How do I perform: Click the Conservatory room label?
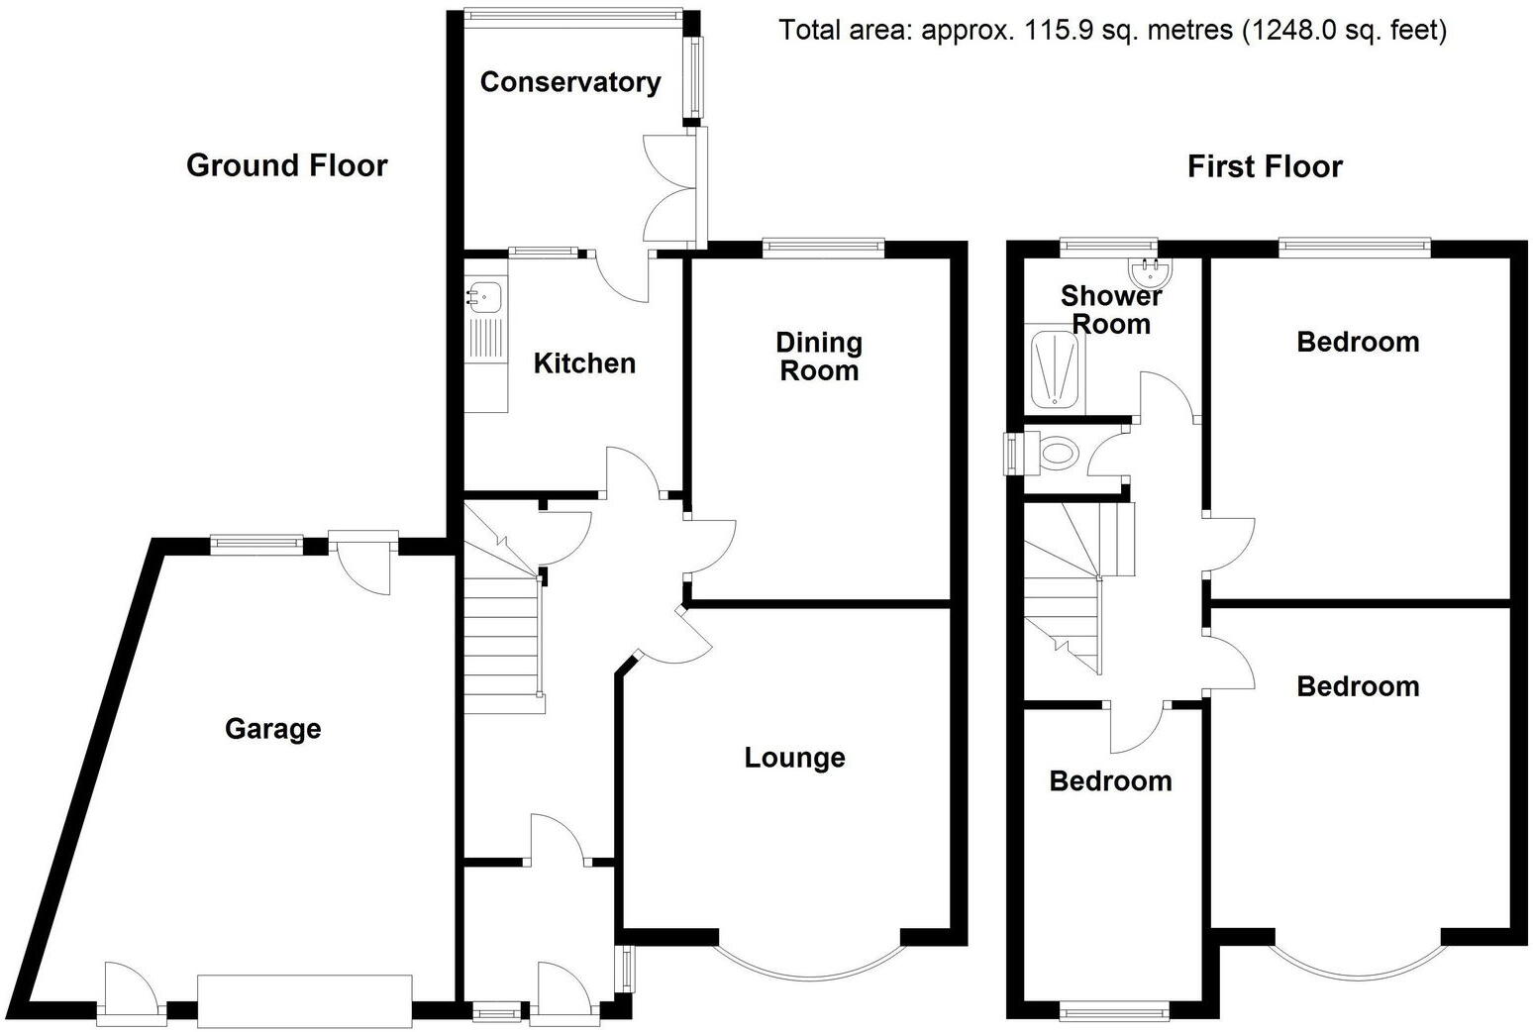click(x=570, y=82)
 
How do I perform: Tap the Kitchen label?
click(x=584, y=363)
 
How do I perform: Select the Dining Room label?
click(x=818, y=357)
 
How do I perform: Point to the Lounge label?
click(x=794, y=758)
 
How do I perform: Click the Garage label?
click(x=272, y=729)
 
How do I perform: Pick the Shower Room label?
click(x=1111, y=310)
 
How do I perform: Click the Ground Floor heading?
click(x=286, y=165)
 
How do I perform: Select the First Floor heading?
click(x=1265, y=166)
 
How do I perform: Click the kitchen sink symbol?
click(x=485, y=294)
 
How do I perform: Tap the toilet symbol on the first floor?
click(x=1058, y=455)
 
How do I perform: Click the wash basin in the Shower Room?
click(x=1150, y=268)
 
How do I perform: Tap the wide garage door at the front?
click(x=304, y=1000)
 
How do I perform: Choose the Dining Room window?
click(x=822, y=249)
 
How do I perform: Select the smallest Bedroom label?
click(x=1110, y=781)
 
